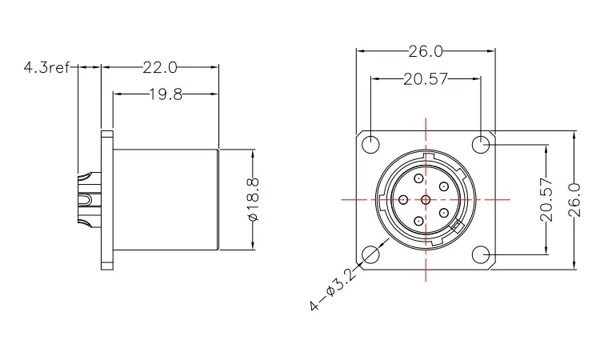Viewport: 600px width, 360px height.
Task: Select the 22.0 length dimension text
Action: click(x=159, y=68)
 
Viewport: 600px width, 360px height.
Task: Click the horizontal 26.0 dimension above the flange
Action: click(x=426, y=52)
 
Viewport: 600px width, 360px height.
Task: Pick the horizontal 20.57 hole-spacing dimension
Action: click(x=426, y=79)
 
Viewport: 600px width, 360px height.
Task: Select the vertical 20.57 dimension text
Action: click(x=546, y=200)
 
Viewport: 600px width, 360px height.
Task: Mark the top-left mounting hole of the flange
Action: click(x=371, y=145)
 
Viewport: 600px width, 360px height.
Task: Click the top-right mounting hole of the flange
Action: click(x=481, y=145)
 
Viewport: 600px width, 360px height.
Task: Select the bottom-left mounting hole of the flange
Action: click(x=371, y=254)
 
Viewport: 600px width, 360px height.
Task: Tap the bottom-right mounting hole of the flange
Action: click(x=481, y=254)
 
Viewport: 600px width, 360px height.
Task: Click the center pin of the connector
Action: click(x=426, y=200)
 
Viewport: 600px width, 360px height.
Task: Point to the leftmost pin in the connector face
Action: click(x=403, y=200)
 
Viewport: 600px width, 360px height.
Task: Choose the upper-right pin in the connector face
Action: click(x=442, y=187)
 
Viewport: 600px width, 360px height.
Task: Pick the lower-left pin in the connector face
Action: click(x=417, y=220)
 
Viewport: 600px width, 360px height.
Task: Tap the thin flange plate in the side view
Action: click(x=106, y=200)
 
